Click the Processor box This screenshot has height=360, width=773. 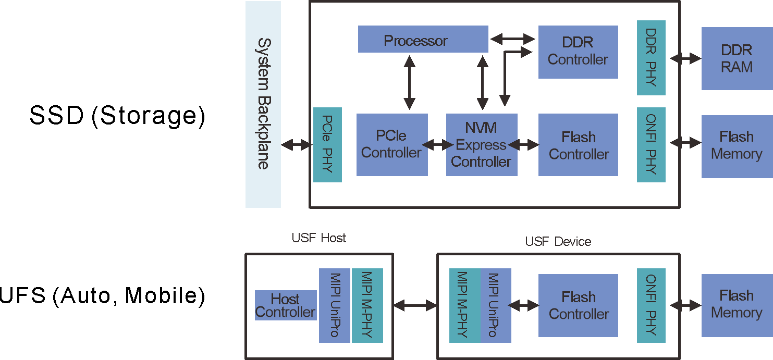pos(423,40)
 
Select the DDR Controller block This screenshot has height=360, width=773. pos(578,52)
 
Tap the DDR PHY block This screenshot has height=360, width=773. pos(651,58)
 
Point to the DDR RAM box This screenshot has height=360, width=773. pos(737,59)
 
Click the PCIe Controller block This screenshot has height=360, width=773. pos(392,144)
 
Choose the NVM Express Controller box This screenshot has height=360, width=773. pos(482,144)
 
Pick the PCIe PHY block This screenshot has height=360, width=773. pos(327,144)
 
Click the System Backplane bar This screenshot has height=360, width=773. pos(263,104)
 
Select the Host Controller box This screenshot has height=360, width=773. pos(286,305)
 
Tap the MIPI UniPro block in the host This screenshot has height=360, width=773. pos(335,305)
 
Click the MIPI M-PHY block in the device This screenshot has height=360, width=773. pos(464,305)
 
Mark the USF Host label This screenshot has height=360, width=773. pos(319,238)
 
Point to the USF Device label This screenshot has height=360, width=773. pos(558,242)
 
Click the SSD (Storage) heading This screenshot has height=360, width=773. pos(117,116)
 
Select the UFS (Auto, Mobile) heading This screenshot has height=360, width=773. pos(102,295)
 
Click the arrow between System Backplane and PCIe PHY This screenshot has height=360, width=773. pos(297,145)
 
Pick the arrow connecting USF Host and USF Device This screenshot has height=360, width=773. pos(415,306)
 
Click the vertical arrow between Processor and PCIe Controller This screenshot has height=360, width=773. pos(409,82)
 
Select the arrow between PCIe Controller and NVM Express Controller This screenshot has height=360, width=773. pos(437,144)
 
